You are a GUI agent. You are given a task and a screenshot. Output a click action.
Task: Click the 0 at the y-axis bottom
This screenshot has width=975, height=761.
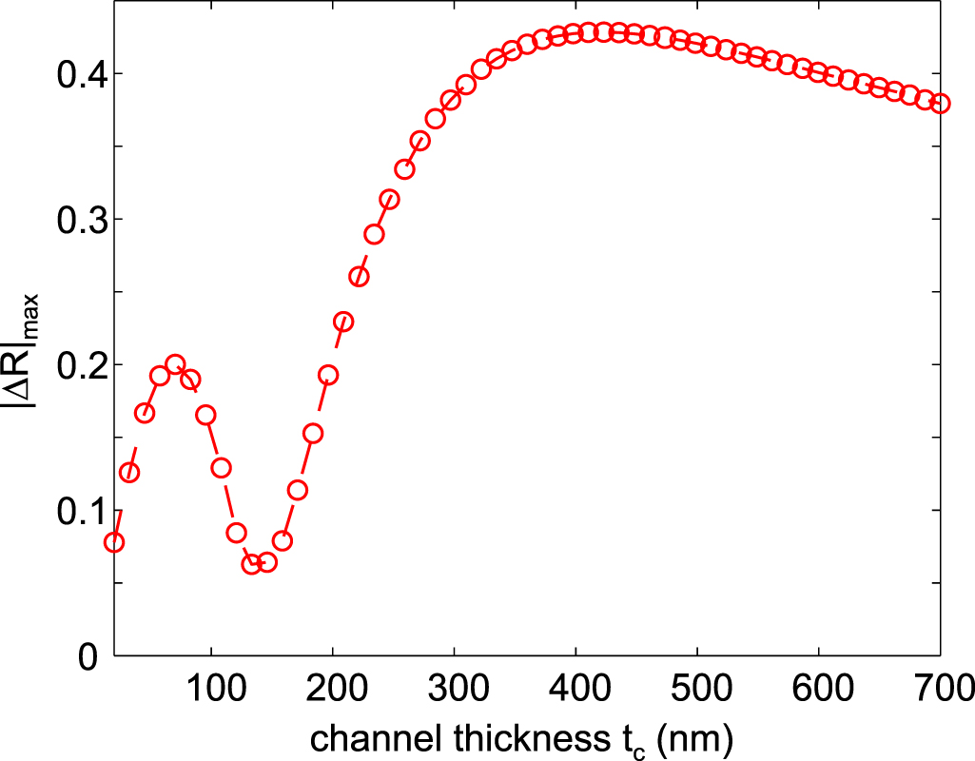click(x=88, y=656)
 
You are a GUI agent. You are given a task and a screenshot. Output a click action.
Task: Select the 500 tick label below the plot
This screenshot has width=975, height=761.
click(x=698, y=687)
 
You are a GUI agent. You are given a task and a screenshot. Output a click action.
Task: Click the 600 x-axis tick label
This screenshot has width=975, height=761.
click(x=820, y=687)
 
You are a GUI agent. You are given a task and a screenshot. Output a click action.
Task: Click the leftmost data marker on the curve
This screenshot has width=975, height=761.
click(x=114, y=542)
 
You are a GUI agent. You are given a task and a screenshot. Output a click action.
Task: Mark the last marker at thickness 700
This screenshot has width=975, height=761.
click(x=941, y=103)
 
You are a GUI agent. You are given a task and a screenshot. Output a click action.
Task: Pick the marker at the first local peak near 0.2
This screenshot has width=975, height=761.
click(x=175, y=364)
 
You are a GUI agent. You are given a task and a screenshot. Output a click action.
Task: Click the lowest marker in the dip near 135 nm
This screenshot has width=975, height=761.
click(x=251, y=565)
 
